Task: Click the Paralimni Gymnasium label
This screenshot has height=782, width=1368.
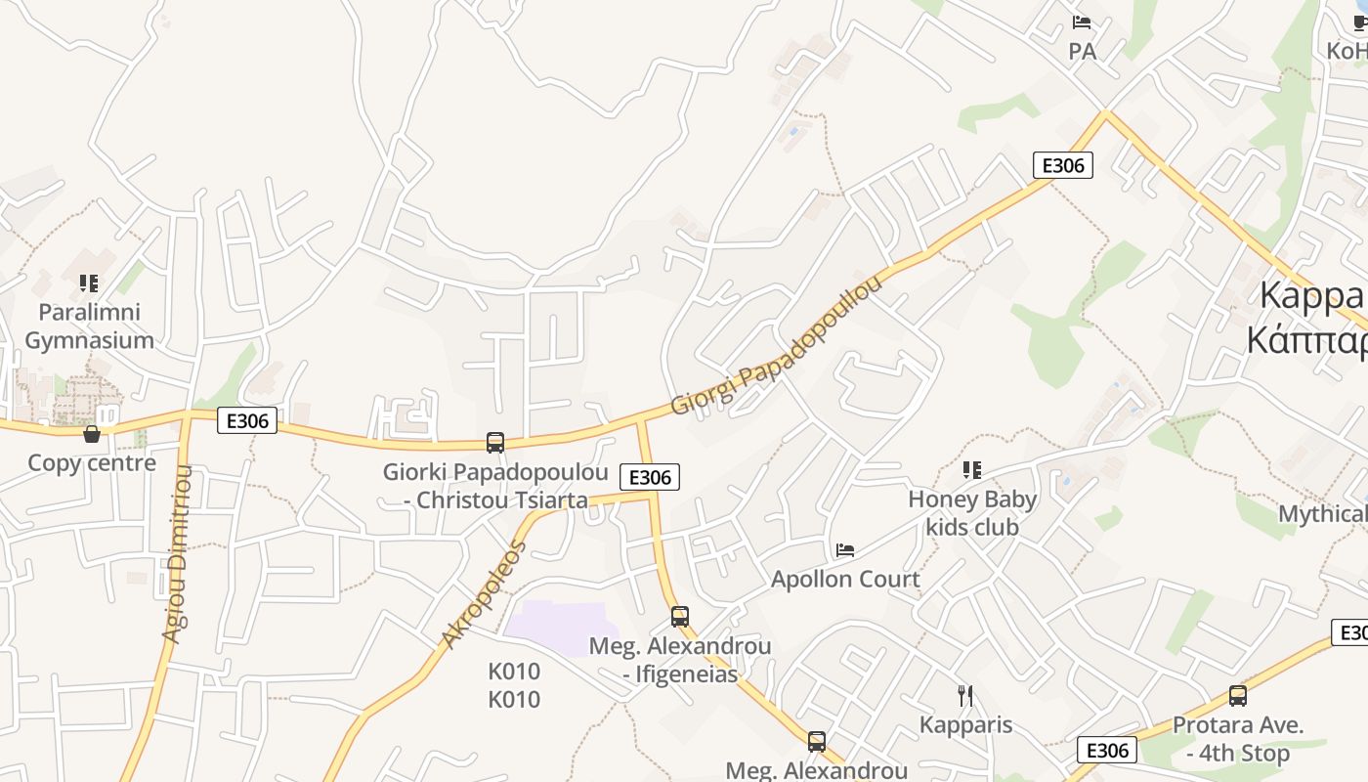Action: [89, 326]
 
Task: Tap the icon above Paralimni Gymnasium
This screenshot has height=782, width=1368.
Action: [89, 283]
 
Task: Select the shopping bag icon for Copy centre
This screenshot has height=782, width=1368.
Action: [92, 433]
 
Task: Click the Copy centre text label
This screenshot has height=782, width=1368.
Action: [92, 462]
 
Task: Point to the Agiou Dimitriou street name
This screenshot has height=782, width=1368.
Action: [177, 554]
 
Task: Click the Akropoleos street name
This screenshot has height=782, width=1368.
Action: [484, 594]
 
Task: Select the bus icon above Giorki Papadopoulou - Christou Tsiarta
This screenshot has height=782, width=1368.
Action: [495, 443]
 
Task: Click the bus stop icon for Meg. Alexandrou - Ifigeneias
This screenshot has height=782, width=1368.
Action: [680, 617]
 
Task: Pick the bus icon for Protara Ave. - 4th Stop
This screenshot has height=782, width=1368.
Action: [1238, 696]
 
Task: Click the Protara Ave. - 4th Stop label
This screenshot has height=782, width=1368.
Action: [1238, 739]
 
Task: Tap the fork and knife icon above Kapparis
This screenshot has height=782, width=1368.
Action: [965, 696]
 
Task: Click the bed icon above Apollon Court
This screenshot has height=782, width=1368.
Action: [845, 550]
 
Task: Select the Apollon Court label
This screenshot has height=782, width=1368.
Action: [845, 579]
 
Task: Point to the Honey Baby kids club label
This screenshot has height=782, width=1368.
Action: [971, 513]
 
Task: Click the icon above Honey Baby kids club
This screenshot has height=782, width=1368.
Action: [971, 470]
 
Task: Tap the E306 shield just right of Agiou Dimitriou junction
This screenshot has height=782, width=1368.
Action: [247, 420]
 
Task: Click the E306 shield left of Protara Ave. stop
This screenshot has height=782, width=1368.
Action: [1107, 750]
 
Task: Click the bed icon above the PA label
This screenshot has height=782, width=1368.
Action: [1082, 22]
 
